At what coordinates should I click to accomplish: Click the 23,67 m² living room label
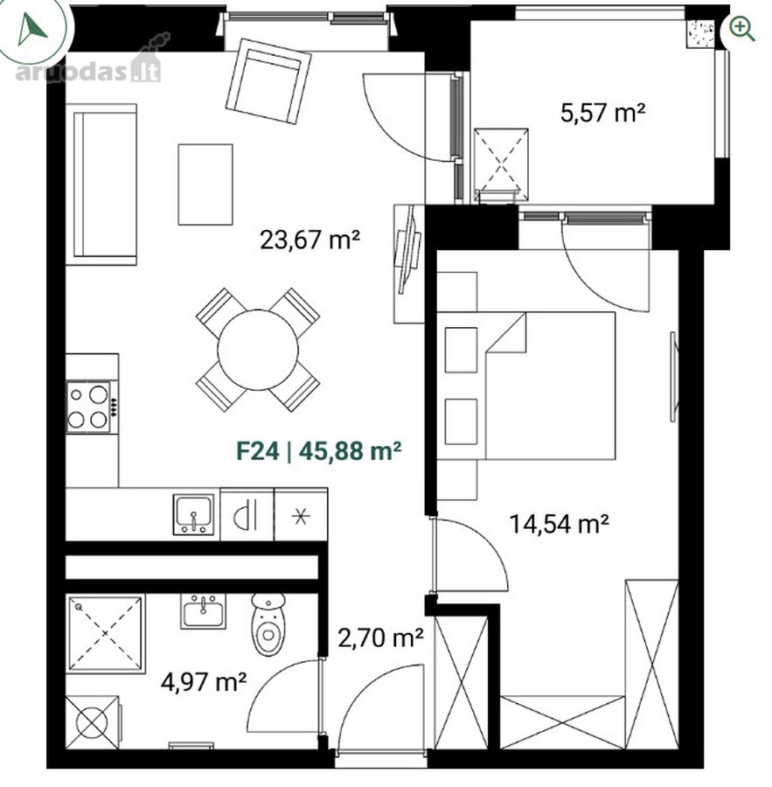tap(309, 240)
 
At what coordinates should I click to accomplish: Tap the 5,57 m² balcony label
tap(602, 112)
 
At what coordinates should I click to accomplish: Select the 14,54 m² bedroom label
tap(560, 524)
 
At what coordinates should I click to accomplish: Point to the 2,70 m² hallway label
tap(380, 638)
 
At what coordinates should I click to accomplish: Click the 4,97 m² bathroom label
tap(204, 681)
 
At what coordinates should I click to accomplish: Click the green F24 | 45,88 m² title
tap(319, 450)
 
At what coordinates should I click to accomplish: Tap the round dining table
tap(258, 350)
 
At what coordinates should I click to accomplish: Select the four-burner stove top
tap(89, 407)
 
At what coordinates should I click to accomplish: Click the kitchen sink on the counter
tap(193, 514)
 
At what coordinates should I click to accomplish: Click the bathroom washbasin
tap(204, 611)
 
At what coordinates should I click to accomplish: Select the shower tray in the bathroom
tap(106, 633)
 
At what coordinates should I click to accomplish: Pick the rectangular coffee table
tap(205, 185)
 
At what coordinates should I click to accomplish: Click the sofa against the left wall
tap(101, 185)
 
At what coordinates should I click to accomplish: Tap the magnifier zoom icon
tap(742, 28)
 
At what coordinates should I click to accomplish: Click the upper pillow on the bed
tap(461, 350)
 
